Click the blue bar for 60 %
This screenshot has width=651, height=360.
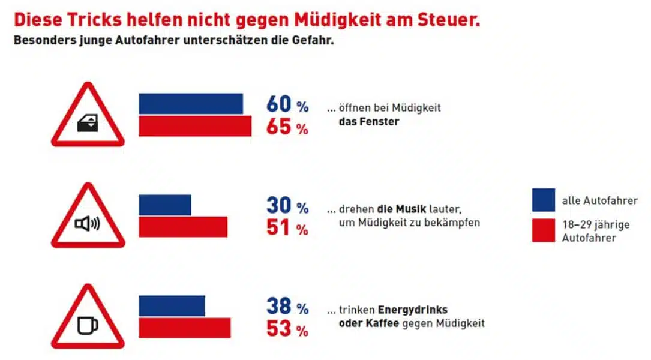point(191,104)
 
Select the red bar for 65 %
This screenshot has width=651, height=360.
point(195,126)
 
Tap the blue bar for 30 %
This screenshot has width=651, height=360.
point(165,205)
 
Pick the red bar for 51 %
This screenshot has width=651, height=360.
point(183,227)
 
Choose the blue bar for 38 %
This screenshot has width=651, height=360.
point(172,305)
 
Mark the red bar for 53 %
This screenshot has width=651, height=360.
point(185,328)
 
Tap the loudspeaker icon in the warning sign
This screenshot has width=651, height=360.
point(88,225)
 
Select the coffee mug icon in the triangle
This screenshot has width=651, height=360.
point(88,326)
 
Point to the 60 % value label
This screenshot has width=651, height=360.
point(287,105)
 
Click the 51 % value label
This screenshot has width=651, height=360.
point(287,228)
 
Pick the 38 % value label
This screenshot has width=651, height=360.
point(287,307)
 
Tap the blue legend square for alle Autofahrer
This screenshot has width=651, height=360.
point(543,200)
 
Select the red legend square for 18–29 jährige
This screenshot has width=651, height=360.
point(543,230)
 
